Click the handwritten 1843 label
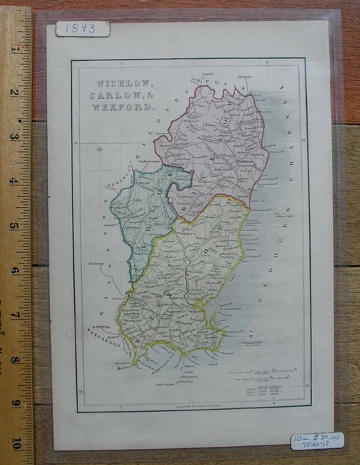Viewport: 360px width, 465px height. (x=82, y=28)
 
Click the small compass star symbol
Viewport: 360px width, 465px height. (x=99, y=150)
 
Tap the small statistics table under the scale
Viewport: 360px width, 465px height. (x=265, y=393)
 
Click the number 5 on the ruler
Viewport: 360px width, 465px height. (x=13, y=225)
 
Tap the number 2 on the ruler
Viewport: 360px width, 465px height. (x=13, y=92)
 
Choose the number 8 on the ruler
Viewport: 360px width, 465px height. (x=13, y=359)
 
